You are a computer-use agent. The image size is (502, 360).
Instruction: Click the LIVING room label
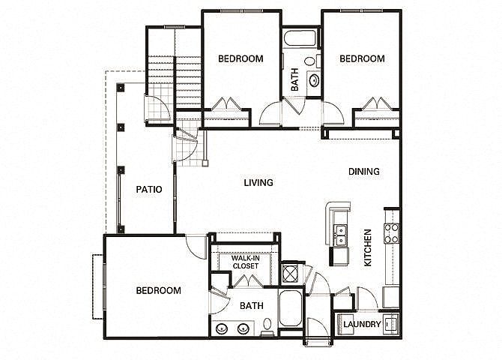point(258,183)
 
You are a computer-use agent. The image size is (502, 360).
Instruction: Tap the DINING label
point(364,172)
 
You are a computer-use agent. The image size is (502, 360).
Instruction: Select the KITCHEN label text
point(368,247)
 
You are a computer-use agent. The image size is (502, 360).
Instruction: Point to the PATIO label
point(149,190)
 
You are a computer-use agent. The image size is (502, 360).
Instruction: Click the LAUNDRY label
point(362,325)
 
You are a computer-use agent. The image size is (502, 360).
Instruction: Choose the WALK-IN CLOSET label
point(246,262)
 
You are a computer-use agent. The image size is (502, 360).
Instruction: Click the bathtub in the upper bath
point(300,38)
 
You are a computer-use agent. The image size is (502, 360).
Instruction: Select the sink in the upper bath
point(314,79)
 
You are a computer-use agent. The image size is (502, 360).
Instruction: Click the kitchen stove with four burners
point(392,233)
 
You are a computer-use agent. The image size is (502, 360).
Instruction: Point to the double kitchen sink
point(340,235)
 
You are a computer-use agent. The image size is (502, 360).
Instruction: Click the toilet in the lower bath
point(267,327)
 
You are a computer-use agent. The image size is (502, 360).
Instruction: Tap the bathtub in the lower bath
point(291,308)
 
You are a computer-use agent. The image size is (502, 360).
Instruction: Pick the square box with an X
point(290,274)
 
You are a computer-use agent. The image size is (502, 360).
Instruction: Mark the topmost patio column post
point(121,88)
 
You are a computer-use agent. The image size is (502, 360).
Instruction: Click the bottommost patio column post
point(121,229)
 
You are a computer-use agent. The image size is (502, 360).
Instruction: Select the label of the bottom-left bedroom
point(159,291)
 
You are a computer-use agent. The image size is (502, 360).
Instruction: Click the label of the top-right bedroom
point(362,58)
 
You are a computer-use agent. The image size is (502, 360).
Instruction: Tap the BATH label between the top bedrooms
point(295,79)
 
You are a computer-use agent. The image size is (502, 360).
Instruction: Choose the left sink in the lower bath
point(222,328)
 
